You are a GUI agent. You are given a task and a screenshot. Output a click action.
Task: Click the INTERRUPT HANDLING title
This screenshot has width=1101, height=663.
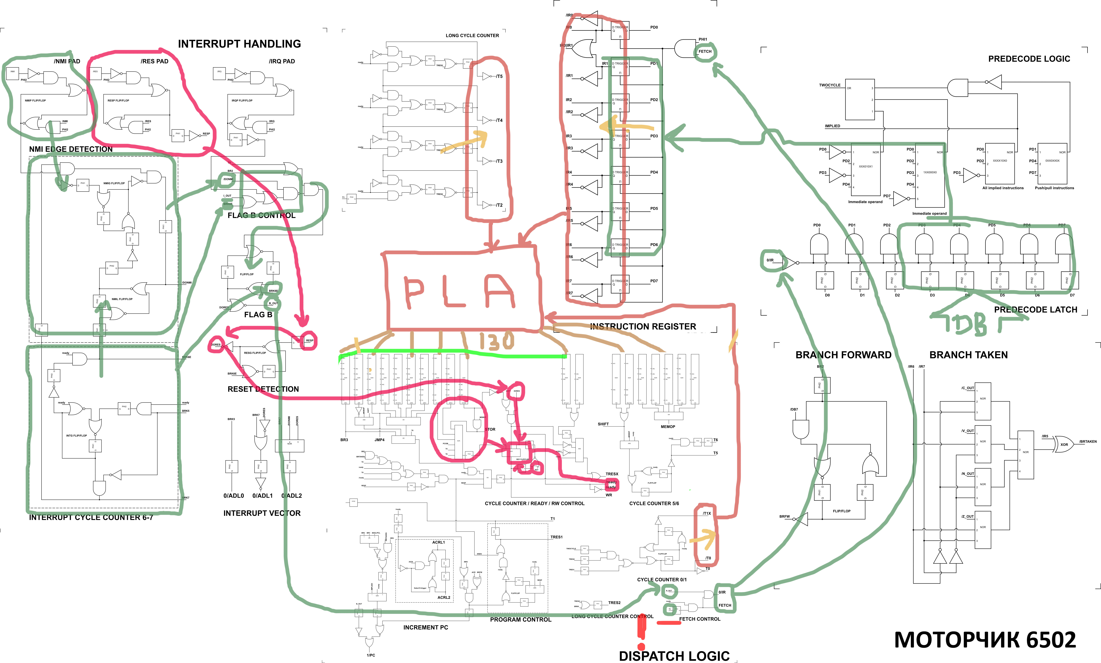click(x=239, y=44)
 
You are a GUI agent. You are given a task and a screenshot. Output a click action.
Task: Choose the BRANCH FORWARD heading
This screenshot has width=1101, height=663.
click(x=843, y=355)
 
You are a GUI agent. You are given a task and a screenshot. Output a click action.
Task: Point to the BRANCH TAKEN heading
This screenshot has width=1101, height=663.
click(x=968, y=355)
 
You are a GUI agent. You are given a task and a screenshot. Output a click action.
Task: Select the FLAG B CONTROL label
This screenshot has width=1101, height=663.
click(x=261, y=215)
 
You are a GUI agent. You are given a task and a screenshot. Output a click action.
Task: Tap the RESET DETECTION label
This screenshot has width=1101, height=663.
click(x=263, y=389)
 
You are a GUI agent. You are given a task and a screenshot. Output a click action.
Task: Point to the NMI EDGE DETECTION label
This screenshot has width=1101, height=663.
click(x=71, y=149)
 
